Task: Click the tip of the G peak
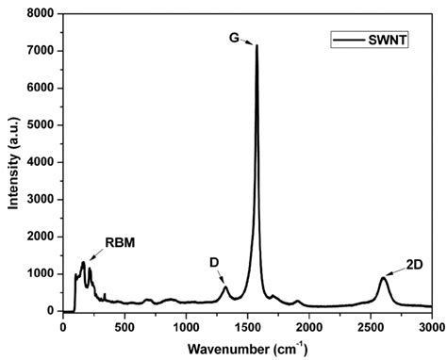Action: pyautogui.click(x=257, y=45)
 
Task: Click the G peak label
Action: pyautogui.click(x=233, y=37)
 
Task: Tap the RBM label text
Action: pyautogui.click(x=120, y=242)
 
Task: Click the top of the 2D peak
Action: pyautogui.click(x=383, y=278)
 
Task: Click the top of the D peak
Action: pyautogui.click(x=224, y=287)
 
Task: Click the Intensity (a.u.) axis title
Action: pyautogui.click(x=13, y=160)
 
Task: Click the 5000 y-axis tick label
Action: pyautogui.click(x=40, y=125)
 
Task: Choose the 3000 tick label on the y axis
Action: pyautogui.click(x=40, y=200)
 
